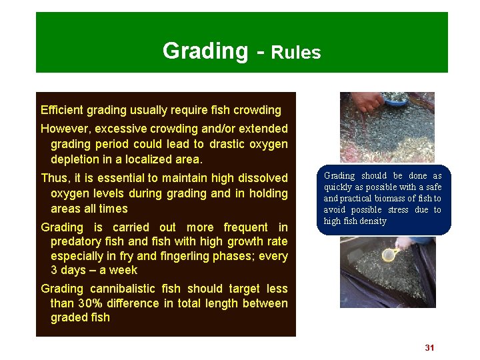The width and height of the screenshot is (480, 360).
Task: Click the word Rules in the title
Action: click(x=296, y=53)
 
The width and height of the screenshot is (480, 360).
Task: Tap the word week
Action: click(x=123, y=270)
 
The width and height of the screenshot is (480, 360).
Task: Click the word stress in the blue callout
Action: click(x=399, y=210)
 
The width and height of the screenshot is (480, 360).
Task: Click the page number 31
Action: click(x=429, y=348)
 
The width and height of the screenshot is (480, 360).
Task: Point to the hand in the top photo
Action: click(x=366, y=101)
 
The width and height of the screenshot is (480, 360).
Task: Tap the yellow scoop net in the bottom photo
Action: click(x=389, y=255)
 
